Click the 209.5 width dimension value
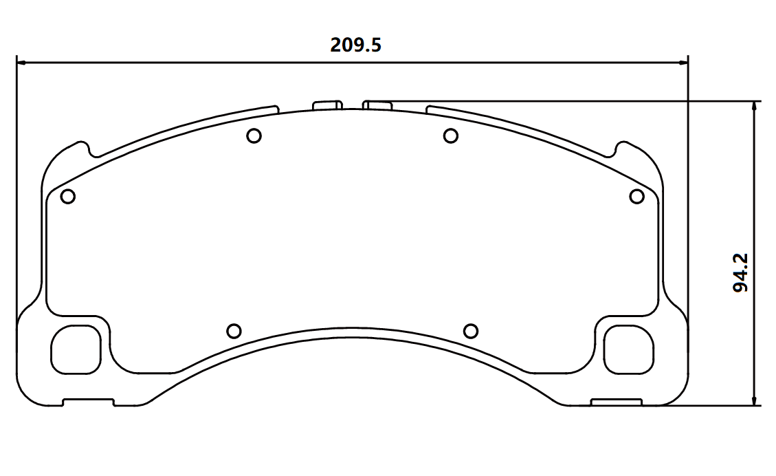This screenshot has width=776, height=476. [x=355, y=45]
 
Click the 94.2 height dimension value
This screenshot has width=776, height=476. [x=741, y=272]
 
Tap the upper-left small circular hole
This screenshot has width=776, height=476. [x=254, y=136]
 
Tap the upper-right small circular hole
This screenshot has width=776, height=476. [x=451, y=136]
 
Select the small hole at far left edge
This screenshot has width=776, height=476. [x=67, y=197]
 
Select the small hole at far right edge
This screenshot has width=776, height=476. [x=637, y=197]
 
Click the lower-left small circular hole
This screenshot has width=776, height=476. [x=234, y=332]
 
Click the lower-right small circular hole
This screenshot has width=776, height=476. [x=471, y=332]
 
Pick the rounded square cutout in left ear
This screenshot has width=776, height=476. [x=75, y=349]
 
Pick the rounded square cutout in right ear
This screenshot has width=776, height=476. [x=628, y=349]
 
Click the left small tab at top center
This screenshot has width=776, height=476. [x=327, y=105]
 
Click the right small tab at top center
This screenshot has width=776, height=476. [x=377, y=105]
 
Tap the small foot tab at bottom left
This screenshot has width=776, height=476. [x=89, y=402]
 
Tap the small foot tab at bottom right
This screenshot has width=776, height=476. [x=617, y=402]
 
